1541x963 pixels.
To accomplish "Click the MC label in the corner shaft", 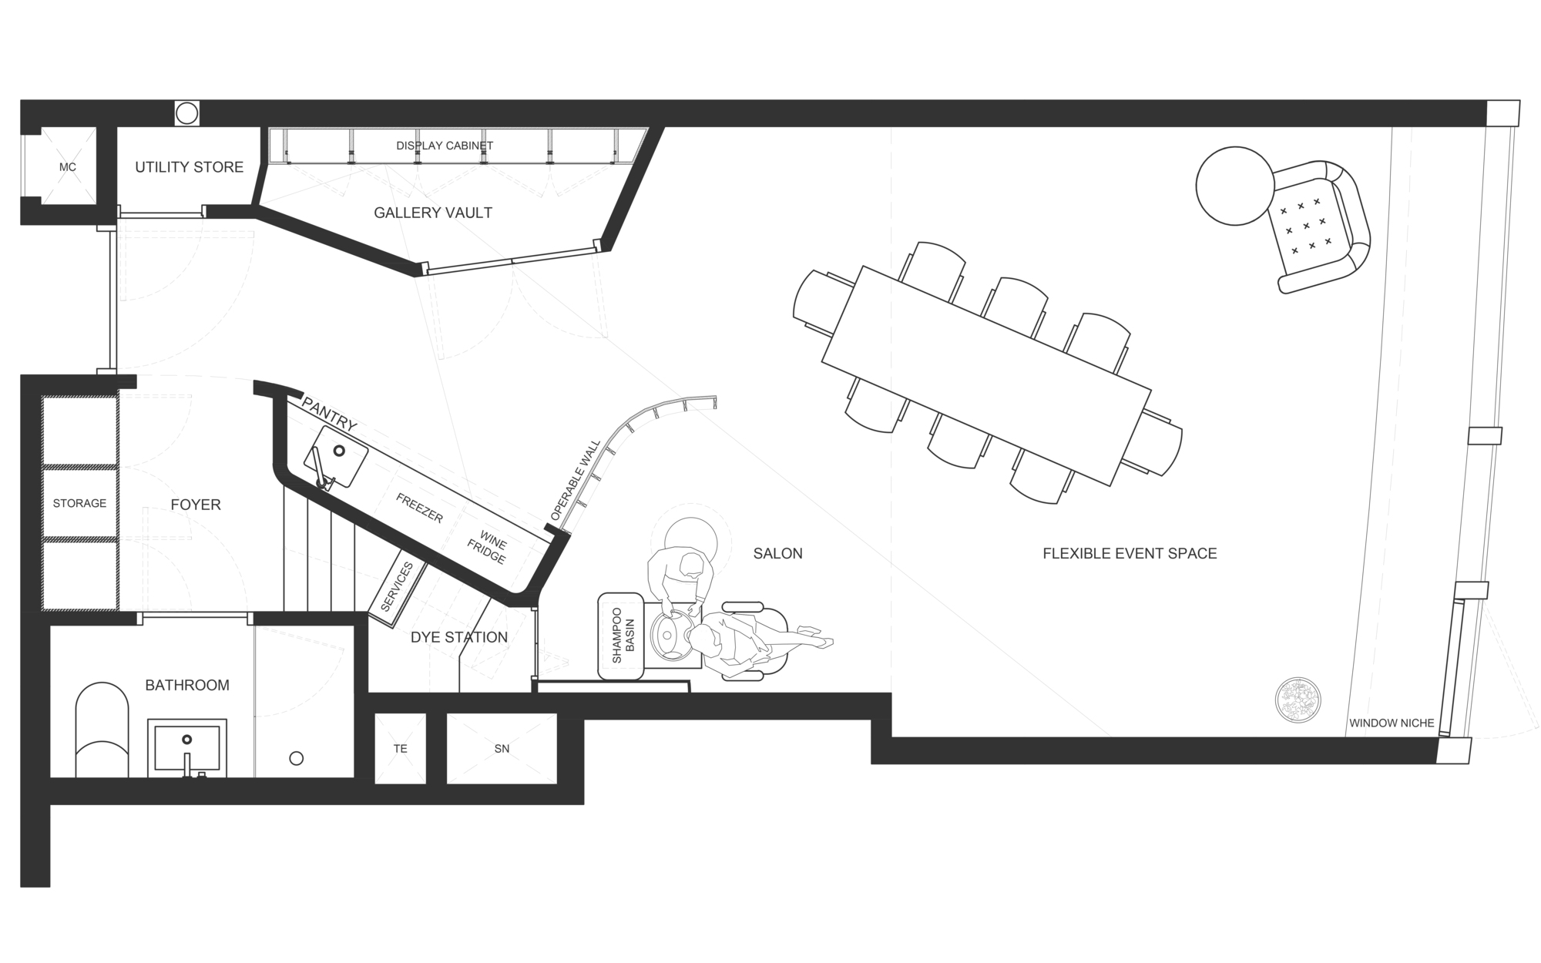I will [x=68, y=167].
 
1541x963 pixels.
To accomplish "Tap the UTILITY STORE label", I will [x=189, y=167].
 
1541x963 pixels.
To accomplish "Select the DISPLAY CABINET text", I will [x=445, y=146].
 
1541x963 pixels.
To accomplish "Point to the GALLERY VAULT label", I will [x=432, y=213].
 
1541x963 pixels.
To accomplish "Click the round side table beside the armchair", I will [x=1234, y=186].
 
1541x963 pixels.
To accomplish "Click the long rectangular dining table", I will [x=986, y=375].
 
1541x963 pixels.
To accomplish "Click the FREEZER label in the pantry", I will [x=419, y=508].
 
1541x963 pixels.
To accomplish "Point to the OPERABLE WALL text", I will [x=576, y=480].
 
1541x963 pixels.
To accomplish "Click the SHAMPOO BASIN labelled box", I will [x=621, y=636].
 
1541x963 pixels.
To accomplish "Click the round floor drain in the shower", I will [x=296, y=759].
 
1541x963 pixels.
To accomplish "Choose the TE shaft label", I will [x=400, y=749].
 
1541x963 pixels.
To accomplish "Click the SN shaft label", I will [x=502, y=749].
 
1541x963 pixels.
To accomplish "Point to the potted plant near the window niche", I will [x=1298, y=700].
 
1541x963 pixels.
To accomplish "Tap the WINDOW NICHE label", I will [x=1391, y=723].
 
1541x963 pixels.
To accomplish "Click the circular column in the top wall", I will [x=186, y=113].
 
